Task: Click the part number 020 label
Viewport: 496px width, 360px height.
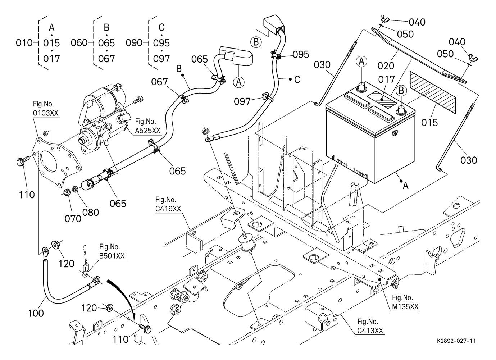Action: [386, 66]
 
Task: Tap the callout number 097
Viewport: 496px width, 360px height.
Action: [242, 101]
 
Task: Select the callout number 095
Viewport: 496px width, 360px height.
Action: [301, 54]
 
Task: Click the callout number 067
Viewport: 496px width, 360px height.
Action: [159, 82]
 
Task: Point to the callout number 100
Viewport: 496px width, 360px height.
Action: [36, 313]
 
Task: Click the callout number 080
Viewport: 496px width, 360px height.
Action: [90, 212]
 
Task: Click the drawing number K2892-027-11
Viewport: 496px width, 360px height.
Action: [456, 340]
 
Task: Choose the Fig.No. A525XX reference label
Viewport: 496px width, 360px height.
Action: [148, 127]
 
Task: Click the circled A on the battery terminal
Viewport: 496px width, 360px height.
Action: [361, 61]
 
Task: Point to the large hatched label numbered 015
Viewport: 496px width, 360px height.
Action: [433, 92]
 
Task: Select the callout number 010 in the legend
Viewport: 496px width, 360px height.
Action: [24, 43]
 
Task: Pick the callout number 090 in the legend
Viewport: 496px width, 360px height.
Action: [134, 43]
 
